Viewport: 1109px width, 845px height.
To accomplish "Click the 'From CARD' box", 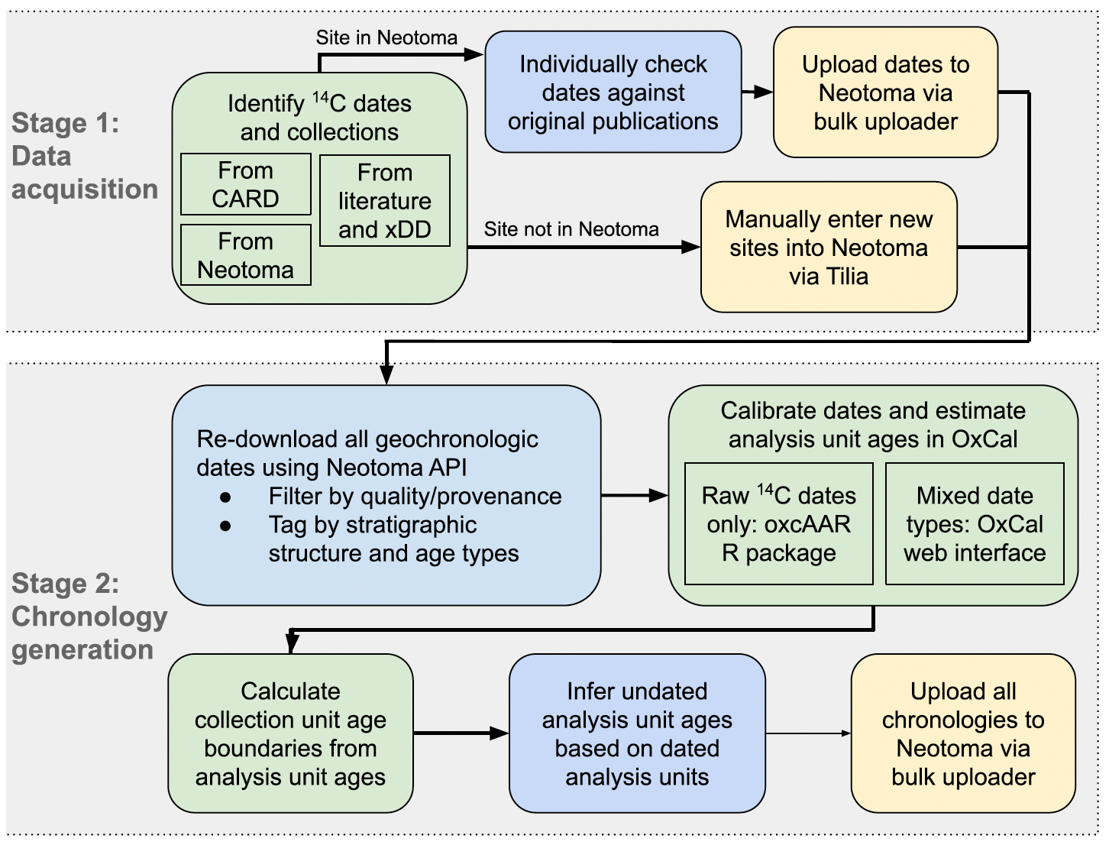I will [245, 184].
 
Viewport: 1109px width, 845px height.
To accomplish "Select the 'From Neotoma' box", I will [245, 255].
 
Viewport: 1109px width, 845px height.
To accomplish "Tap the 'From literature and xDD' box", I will [384, 201].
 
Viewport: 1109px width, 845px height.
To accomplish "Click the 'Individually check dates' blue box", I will [613, 92].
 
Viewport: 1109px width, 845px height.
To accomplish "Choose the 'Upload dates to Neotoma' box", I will [885, 92].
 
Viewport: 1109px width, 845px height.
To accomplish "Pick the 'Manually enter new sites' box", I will [829, 247].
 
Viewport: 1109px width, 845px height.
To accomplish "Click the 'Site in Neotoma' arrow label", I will [386, 37].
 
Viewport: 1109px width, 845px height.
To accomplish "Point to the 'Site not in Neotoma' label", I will [571, 229].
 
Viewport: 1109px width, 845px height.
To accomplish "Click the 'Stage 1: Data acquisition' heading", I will [84, 156].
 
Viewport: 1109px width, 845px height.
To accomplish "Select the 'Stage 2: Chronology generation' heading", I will [89, 617].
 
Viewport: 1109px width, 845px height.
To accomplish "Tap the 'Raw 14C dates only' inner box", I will [778, 523].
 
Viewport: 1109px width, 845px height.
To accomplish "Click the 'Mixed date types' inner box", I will [975, 523].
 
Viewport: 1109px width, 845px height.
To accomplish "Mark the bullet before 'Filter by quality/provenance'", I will [225, 497].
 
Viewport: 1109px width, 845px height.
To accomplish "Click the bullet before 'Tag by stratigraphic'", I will [225, 526].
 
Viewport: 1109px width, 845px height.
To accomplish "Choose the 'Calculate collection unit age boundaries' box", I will [290, 733].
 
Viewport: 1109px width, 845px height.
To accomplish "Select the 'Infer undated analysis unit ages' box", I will [637, 733].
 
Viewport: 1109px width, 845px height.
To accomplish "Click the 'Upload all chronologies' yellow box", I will [962, 733].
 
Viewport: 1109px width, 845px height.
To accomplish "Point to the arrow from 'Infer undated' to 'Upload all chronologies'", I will [808, 733].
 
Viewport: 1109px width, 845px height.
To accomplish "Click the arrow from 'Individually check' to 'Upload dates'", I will [758, 92].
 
